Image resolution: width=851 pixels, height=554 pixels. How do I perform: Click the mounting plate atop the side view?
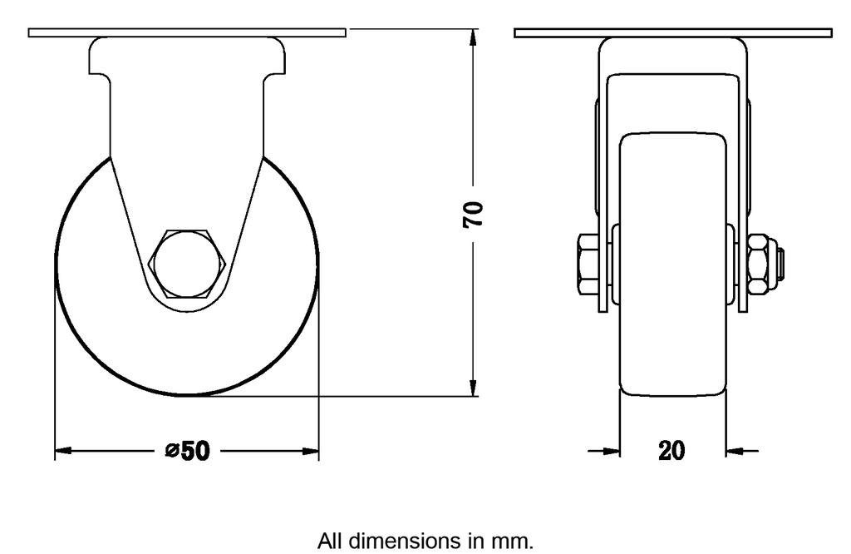point(186,32)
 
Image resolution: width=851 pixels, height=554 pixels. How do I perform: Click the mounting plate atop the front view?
point(672,32)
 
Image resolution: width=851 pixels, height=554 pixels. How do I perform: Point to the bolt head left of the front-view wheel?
point(585,263)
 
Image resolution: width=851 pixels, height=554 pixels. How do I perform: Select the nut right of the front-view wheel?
point(760,263)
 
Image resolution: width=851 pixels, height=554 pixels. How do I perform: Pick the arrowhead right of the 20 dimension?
point(734,452)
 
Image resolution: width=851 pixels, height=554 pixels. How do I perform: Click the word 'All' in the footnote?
point(332,541)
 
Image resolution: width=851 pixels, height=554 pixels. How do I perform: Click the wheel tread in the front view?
point(672,333)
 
